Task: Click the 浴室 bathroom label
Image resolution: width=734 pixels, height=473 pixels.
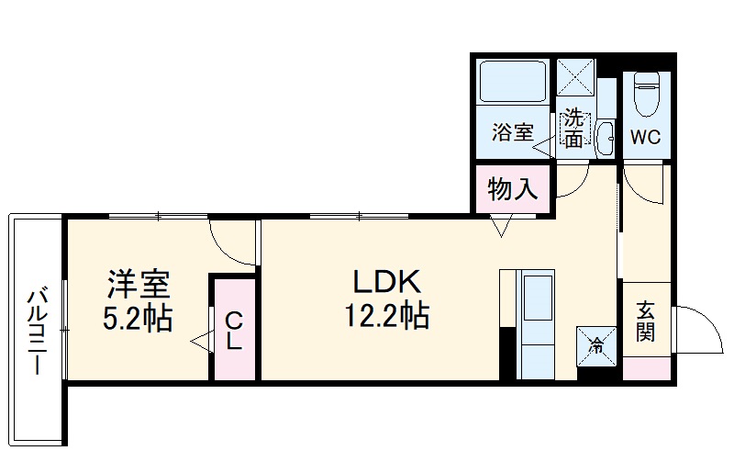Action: tap(512, 132)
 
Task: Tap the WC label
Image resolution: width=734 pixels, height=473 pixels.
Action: tap(646, 139)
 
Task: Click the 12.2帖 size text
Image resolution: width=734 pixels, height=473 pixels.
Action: tap(386, 317)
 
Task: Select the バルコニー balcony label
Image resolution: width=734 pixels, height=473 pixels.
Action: tap(37, 331)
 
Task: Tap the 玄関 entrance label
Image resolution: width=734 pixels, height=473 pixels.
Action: tap(646, 322)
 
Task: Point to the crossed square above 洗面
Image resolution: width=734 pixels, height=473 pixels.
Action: tap(577, 77)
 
